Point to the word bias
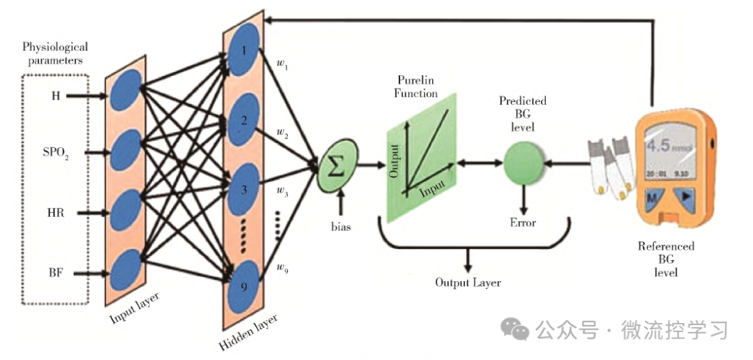coord(341,226)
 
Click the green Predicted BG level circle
coord(523,164)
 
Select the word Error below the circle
coord(523,223)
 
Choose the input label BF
coord(56,273)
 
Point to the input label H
coord(56,96)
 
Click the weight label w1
coord(282,67)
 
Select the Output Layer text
coord(468,283)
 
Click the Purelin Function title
coord(417,87)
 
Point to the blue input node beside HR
coord(125,209)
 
